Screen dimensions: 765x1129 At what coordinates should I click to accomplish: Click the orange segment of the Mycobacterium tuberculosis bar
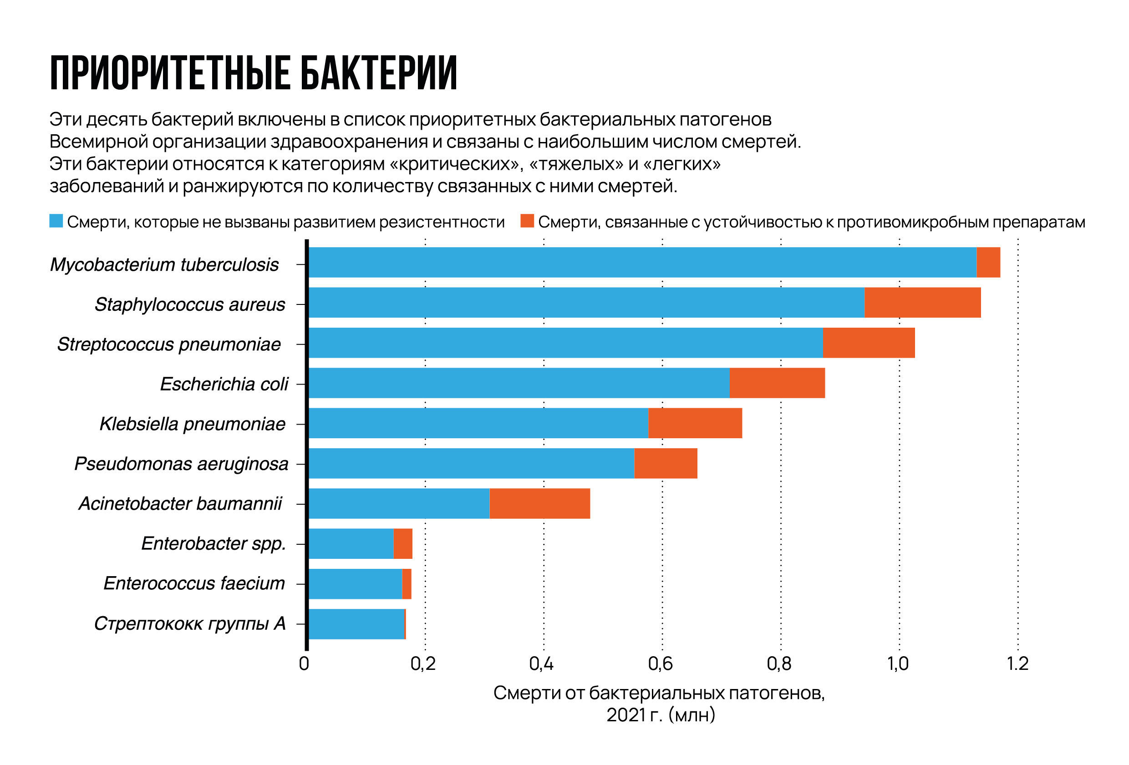click(988, 262)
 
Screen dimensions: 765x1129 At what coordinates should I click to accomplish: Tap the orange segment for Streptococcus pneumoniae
click(869, 343)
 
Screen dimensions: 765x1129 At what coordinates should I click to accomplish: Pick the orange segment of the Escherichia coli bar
click(777, 383)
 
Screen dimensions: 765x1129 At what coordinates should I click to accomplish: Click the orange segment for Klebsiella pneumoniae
click(695, 423)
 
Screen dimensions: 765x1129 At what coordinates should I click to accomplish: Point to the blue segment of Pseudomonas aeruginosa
click(471, 463)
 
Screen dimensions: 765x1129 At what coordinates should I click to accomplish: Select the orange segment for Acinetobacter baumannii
click(540, 504)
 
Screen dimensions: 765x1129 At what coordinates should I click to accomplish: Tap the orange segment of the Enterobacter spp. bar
click(403, 543)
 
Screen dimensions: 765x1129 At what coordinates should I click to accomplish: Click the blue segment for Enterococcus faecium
click(355, 584)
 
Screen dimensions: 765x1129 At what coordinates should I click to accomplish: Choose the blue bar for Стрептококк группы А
click(356, 624)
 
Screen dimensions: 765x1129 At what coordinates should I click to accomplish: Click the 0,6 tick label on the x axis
click(660, 664)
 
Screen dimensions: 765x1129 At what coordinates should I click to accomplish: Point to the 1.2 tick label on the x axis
click(1017, 664)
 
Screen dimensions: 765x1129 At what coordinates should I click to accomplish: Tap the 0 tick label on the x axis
click(304, 664)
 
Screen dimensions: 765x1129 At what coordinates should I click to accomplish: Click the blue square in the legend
click(56, 221)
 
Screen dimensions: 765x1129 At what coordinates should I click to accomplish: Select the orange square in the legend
click(527, 221)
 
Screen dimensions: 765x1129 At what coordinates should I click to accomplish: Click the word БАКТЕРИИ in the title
click(379, 73)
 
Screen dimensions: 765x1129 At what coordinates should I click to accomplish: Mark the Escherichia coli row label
click(224, 384)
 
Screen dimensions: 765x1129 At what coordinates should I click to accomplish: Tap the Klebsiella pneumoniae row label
click(193, 424)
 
